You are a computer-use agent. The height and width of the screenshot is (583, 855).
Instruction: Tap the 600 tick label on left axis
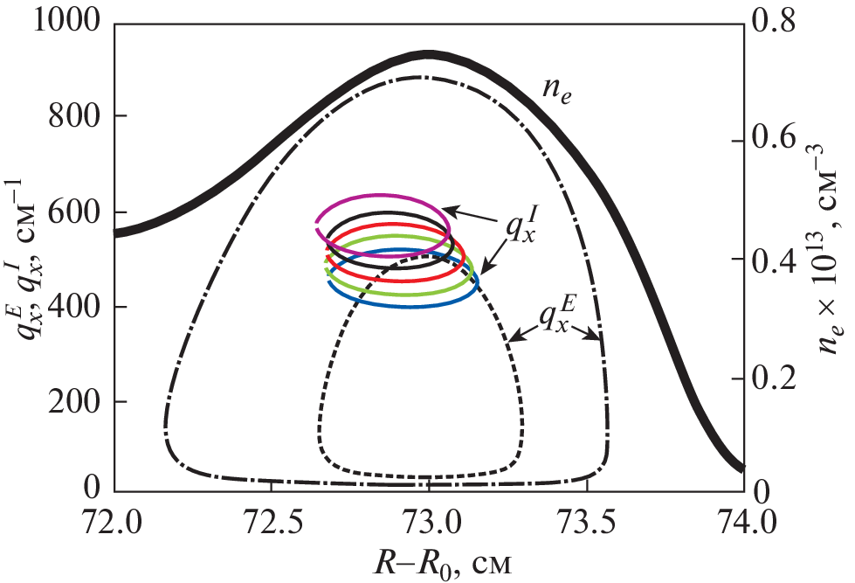pyautogui.click(x=78, y=212)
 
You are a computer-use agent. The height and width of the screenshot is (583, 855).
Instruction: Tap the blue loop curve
pyautogui.click(x=402, y=305)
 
